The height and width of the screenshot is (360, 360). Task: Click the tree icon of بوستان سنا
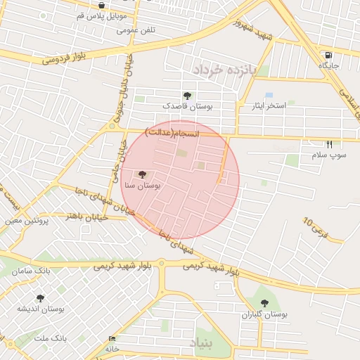143,174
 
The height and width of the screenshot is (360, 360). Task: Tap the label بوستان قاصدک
188,105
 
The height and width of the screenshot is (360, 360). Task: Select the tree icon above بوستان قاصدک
188,95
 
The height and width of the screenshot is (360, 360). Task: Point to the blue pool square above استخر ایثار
269,95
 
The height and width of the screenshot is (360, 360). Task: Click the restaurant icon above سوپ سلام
329,144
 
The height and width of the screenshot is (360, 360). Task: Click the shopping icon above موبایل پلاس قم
102,5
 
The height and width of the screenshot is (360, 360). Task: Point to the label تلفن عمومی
136,30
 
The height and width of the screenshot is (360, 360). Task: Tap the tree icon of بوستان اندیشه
40,298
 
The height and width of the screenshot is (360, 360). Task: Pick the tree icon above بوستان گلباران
265,303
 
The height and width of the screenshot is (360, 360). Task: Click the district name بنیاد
200,343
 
